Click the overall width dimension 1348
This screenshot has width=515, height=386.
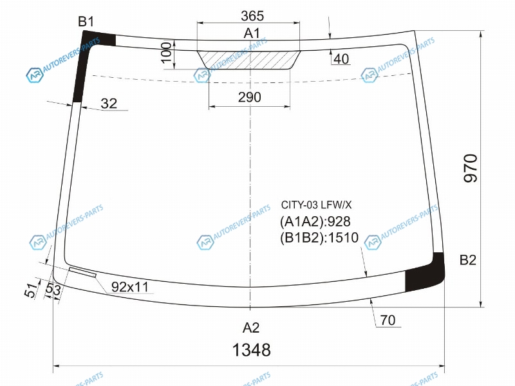tap(252, 349)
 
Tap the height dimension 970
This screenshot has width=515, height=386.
tap(471, 168)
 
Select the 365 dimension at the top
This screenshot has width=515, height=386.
tap(252, 15)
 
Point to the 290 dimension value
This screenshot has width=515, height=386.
tap(250, 97)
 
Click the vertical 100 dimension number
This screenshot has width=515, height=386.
tap(167, 52)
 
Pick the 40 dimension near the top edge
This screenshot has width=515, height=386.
tap(341, 59)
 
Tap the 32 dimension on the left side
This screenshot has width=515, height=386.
tap(109, 104)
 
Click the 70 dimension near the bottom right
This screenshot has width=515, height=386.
tap(388, 320)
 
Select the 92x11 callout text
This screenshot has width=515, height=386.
tap(130, 287)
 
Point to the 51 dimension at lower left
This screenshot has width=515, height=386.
tap(32, 290)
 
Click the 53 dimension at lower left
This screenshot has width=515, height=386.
tap(53, 289)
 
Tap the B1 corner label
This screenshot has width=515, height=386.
tap(86, 22)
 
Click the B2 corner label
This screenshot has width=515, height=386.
tap(468, 260)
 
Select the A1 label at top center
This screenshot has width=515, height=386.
tap(252, 33)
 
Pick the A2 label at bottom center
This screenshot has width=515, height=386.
tap(251, 327)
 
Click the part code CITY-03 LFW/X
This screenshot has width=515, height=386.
tap(316, 205)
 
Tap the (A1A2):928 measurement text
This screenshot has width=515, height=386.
tap(315, 221)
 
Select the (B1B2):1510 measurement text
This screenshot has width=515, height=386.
tap(319, 237)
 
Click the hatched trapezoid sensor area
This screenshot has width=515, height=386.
tap(248, 60)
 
